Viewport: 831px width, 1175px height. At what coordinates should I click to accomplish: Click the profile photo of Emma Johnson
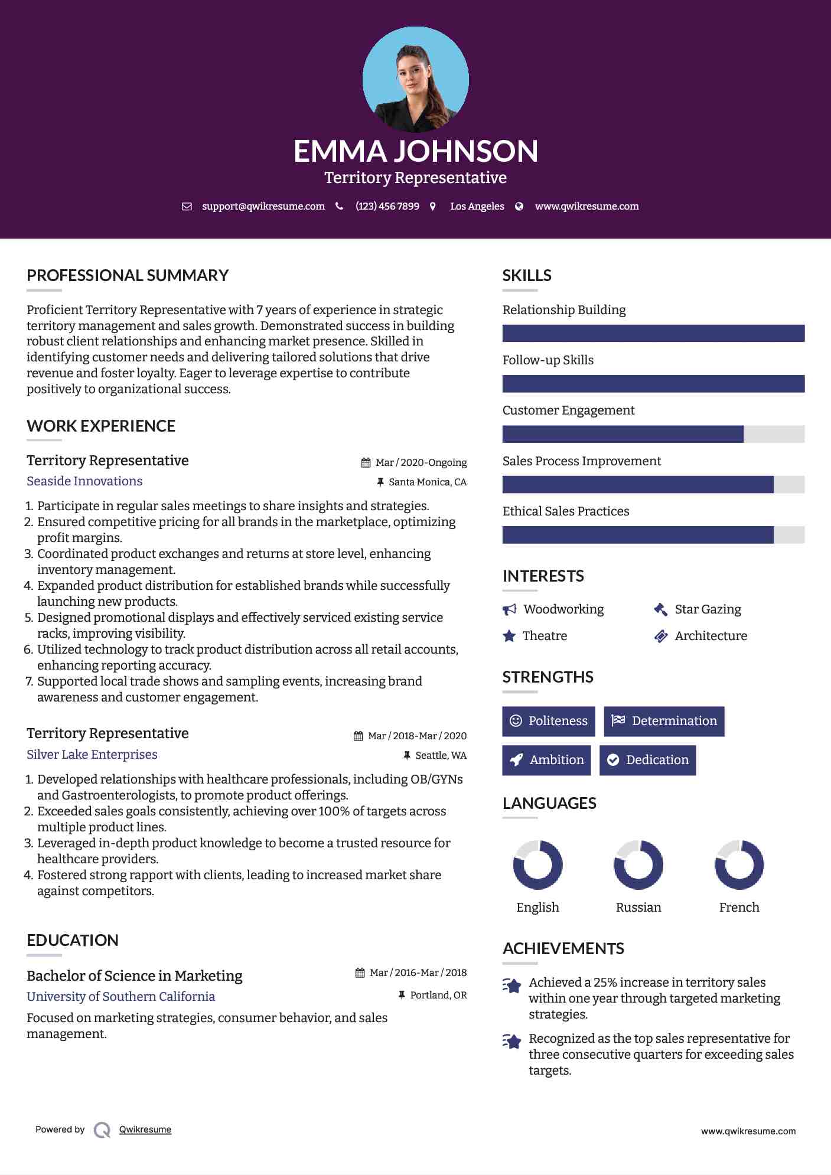(415, 79)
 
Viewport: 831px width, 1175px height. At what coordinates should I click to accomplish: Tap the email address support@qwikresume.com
(263, 207)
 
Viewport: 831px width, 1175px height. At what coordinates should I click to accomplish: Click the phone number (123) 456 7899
(387, 207)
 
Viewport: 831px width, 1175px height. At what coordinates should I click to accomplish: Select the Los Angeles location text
(477, 207)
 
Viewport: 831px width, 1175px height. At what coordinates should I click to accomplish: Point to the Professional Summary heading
(128, 276)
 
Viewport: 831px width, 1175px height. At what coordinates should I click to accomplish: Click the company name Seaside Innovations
(84, 481)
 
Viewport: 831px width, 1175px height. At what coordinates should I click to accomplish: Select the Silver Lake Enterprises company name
(92, 755)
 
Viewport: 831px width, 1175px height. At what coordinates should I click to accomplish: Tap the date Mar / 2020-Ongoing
(421, 463)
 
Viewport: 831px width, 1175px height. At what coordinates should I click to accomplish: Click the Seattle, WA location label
(441, 756)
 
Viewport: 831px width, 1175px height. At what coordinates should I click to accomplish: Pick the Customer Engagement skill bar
(653, 434)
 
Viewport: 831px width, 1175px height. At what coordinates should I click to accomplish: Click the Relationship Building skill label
(564, 310)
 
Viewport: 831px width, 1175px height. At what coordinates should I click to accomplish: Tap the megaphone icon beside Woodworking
(509, 609)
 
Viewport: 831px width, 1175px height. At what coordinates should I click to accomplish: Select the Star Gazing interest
(708, 609)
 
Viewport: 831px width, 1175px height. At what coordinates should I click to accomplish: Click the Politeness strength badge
(549, 721)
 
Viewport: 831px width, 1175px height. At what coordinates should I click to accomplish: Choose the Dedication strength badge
(647, 760)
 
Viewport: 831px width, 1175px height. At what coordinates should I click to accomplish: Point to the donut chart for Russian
(638, 865)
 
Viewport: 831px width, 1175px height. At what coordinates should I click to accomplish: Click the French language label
(739, 908)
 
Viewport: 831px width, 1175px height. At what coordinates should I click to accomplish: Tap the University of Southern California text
(120, 997)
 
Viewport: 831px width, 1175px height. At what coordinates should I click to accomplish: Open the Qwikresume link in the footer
(145, 1130)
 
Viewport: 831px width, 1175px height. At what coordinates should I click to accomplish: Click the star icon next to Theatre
(509, 636)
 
